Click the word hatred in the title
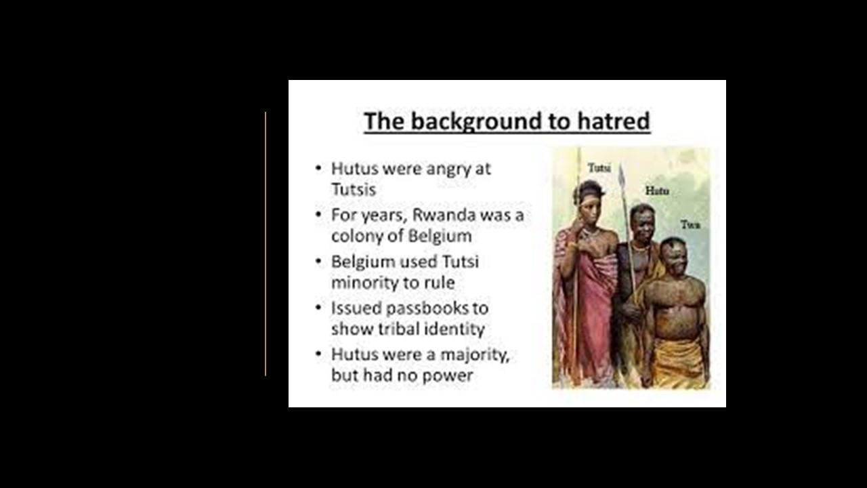(614, 121)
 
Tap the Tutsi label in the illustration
(599, 167)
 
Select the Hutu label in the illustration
(657, 190)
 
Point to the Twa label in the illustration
(690, 224)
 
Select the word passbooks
(427, 308)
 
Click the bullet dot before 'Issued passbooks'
(318, 308)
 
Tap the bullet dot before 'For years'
(318, 214)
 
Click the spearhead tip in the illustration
(621, 164)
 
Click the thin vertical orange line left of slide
(266, 244)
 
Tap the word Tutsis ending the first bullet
(354, 190)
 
